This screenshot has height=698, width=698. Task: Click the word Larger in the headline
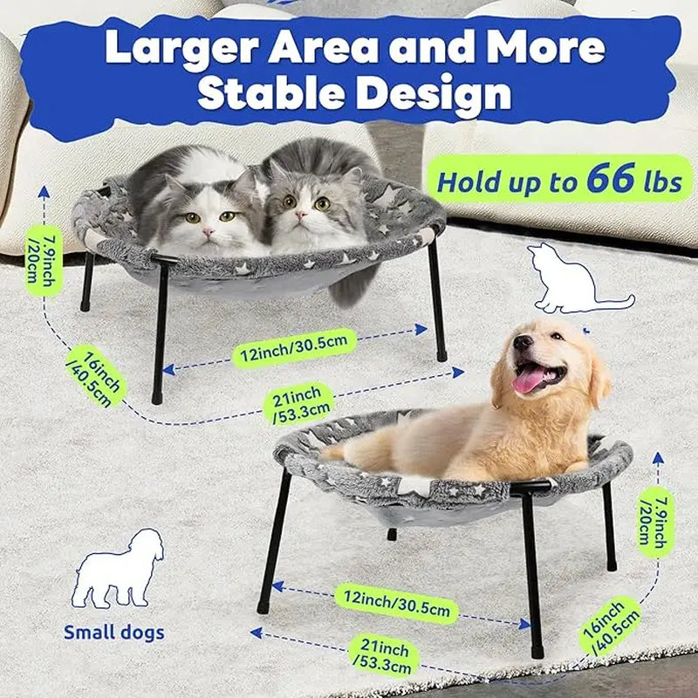pos(181,48)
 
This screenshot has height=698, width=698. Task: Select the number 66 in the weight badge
pos(611,178)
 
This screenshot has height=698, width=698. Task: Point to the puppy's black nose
pos(522,342)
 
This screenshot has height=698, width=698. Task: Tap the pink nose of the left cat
pos(208,232)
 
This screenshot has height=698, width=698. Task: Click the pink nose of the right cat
pos(301,216)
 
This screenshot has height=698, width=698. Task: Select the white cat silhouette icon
pos(578,278)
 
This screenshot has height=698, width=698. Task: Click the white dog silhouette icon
pos(118,569)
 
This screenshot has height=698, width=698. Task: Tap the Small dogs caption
pos(114,633)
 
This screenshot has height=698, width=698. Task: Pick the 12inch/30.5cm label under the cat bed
pos(294,348)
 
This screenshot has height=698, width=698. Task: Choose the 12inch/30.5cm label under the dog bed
pos(396,604)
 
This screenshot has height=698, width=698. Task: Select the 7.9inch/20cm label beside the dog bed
pos(655,522)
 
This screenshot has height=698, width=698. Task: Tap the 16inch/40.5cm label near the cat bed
pos(95,377)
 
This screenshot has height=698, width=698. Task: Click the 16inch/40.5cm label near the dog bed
pos(610,626)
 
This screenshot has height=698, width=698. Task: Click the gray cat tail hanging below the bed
pos(353,286)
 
